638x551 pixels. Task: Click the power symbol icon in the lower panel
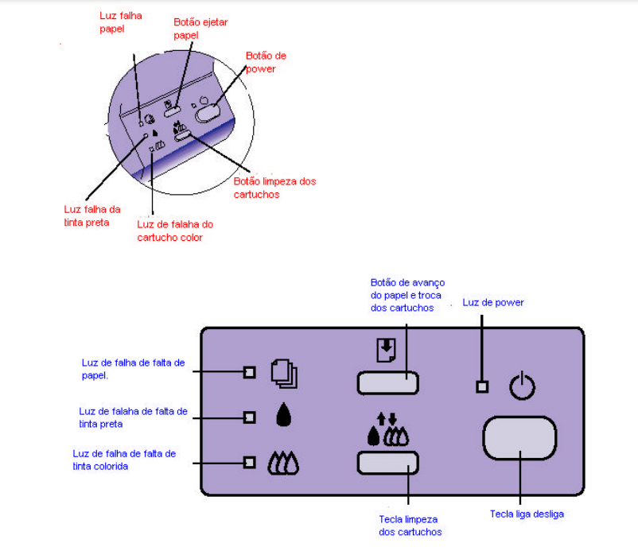pyautogui.click(x=523, y=386)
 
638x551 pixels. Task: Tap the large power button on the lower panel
pyautogui.click(x=519, y=437)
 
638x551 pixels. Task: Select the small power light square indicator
pyautogui.click(x=481, y=387)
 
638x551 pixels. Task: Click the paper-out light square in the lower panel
pyautogui.click(x=249, y=371)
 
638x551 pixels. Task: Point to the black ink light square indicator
pyautogui.click(x=249, y=416)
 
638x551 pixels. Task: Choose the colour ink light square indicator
pyautogui.click(x=249, y=461)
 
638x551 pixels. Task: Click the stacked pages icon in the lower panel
pyautogui.click(x=284, y=372)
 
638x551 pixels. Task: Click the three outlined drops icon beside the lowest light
pyautogui.click(x=285, y=462)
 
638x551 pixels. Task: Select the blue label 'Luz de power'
pyautogui.click(x=493, y=303)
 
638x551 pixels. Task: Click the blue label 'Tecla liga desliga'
pyautogui.click(x=527, y=514)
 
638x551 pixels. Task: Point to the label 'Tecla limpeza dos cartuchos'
pyautogui.click(x=410, y=525)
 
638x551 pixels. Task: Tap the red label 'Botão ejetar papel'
pyautogui.click(x=200, y=29)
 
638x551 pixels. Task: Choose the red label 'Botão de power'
pyautogui.click(x=266, y=62)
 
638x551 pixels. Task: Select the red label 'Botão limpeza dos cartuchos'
pyautogui.click(x=274, y=188)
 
